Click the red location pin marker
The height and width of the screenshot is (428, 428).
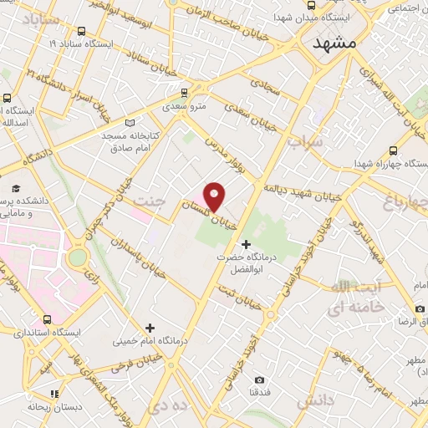coord(215,197)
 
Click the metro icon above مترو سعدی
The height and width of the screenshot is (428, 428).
coord(186,93)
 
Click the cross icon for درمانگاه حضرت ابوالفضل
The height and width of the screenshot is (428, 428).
coord(245,243)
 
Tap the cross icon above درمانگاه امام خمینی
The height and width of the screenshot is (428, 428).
coord(150,328)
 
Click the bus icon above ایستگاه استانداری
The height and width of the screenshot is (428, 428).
coord(47,319)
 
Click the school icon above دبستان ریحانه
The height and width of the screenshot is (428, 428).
coord(54,394)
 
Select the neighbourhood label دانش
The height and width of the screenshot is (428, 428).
coord(315,401)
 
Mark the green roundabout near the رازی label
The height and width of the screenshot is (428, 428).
coord(77,257)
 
